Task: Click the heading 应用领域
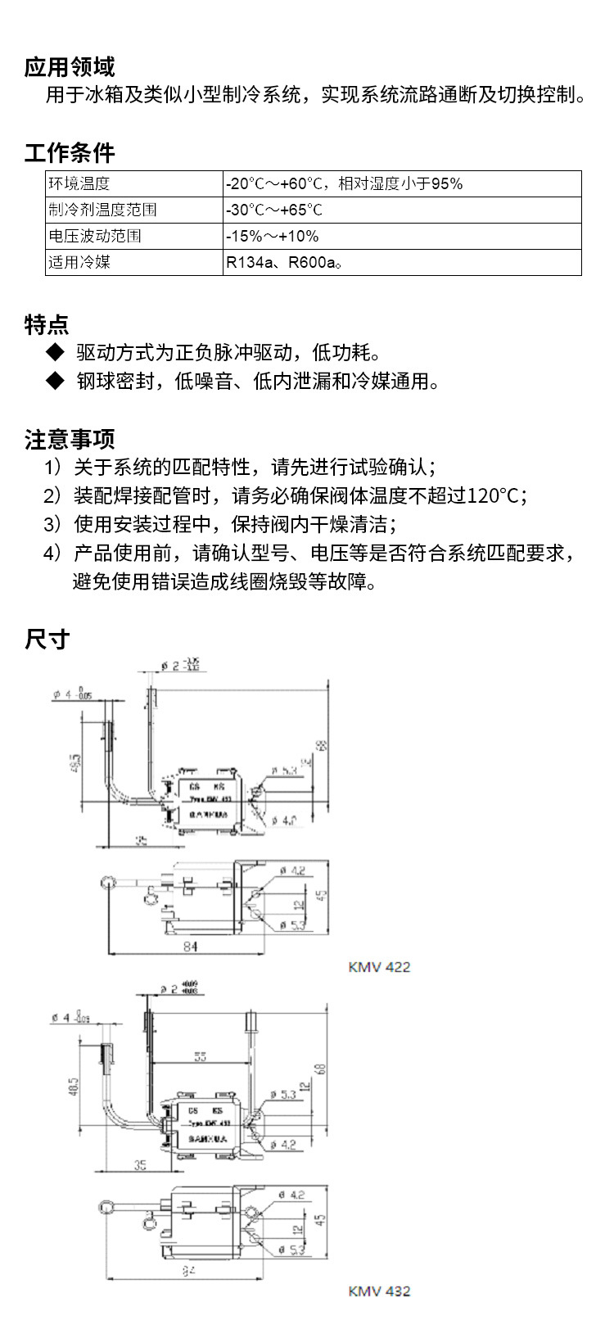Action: click(70, 66)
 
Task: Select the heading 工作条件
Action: click(70, 152)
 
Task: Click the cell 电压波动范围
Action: click(95, 236)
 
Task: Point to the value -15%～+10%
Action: click(273, 236)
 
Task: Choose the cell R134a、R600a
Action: click(282, 262)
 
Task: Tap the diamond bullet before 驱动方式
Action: click(55, 352)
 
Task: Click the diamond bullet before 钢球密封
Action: click(55, 381)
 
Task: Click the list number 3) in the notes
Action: click(52, 524)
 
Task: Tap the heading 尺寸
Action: click(47, 639)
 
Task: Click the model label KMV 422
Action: click(379, 966)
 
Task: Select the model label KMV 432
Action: click(379, 1291)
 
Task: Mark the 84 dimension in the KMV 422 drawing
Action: click(190, 946)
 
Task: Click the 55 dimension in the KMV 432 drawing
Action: click(200, 1056)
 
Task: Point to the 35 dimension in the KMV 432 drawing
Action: click(140, 1164)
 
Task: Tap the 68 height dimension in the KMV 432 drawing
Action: click(321, 1069)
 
